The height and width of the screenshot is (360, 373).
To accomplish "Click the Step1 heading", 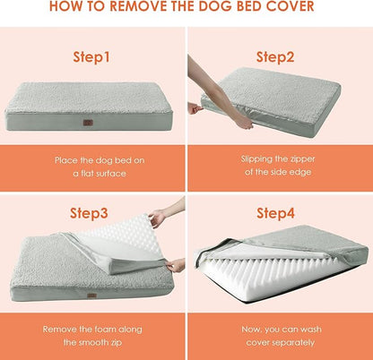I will pyautogui.click(x=93, y=56).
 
